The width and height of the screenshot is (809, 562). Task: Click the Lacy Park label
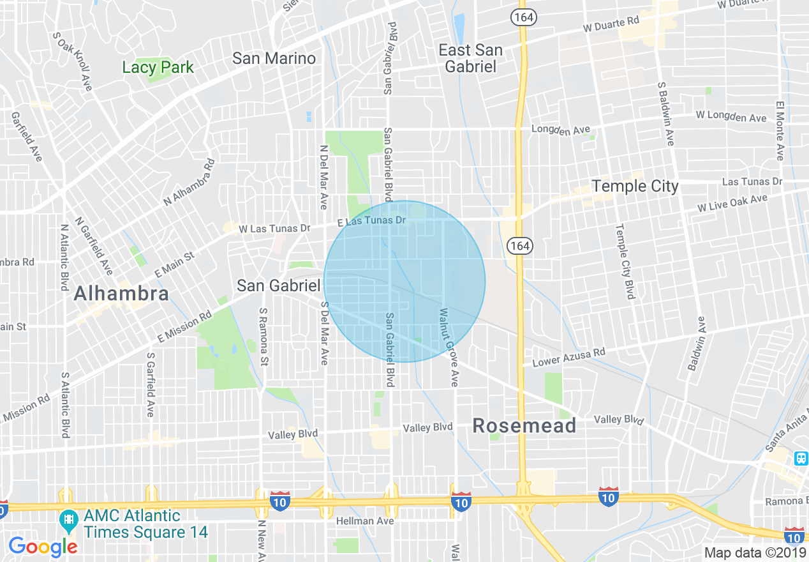158,67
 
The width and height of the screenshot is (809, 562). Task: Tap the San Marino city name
274,59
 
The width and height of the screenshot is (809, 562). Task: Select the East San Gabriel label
471,58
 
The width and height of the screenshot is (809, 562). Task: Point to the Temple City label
635,186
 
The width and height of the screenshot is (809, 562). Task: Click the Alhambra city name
121,293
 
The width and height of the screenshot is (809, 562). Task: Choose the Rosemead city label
524,426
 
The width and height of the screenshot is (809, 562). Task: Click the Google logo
43,546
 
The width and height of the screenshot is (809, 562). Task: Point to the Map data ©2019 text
755,552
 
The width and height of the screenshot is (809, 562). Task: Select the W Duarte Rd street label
611,25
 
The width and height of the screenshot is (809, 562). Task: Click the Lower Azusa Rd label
568,358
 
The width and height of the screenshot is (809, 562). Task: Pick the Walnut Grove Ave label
448,347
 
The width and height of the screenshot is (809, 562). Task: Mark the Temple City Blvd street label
625,261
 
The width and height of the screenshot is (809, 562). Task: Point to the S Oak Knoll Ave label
75,62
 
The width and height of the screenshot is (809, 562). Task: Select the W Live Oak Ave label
732,204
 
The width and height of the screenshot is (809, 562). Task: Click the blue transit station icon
801,458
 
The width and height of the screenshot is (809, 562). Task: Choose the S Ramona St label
263,337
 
